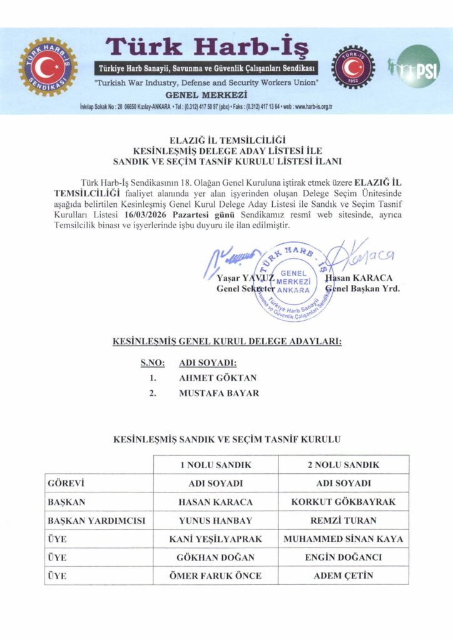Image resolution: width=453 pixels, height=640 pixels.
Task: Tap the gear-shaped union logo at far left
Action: click(48, 67)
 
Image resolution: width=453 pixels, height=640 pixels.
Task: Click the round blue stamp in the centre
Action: click(293, 280)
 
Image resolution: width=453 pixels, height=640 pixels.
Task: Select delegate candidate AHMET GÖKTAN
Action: click(217, 377)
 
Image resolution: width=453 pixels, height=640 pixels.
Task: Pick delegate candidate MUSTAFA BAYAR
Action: click(219, 393)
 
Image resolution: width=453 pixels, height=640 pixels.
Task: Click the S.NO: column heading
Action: click(152, 362)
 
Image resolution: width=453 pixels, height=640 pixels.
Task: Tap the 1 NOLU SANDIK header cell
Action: click(215, 465)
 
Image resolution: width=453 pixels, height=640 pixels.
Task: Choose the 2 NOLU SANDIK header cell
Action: click(344, 465)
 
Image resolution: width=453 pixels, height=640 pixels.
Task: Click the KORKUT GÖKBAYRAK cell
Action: click(344, 502)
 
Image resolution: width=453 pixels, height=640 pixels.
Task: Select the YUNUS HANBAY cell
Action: click(215, 520)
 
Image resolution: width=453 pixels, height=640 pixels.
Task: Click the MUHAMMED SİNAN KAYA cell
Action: click(344, 539)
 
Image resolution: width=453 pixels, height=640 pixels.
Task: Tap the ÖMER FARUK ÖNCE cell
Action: click(215, 576)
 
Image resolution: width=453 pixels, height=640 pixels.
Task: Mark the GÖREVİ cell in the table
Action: click(66, 483)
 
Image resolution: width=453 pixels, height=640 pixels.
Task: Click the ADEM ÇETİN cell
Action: click(344, 576)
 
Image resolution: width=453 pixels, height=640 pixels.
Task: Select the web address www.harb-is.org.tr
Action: click(305, 107)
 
